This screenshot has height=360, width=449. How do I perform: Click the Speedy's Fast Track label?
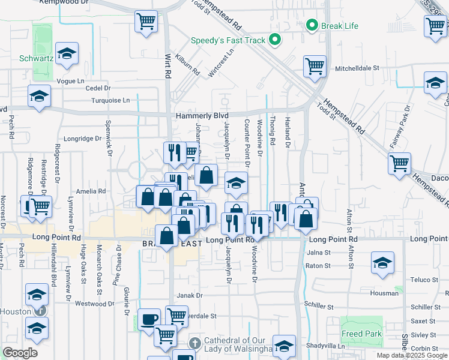pyautogui.click(x=228, y=41)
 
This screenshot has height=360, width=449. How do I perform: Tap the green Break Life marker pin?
pyautogui.click(x=312, y=25)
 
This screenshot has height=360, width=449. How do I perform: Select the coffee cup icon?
pyautogui.click(x=148, y=319)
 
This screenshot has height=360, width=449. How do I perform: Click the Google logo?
pyautogui.click(x=20, y=353)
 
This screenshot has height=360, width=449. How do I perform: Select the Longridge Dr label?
pyautogui.click(x=83, y=139)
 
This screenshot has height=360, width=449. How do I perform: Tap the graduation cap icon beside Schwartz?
pyautogui.click(x=67, y=53)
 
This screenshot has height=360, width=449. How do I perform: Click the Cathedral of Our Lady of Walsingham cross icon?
pyautogui.click(x=194, y=343)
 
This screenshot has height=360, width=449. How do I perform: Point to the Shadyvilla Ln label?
pyautogui.click(x=325, y=346)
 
